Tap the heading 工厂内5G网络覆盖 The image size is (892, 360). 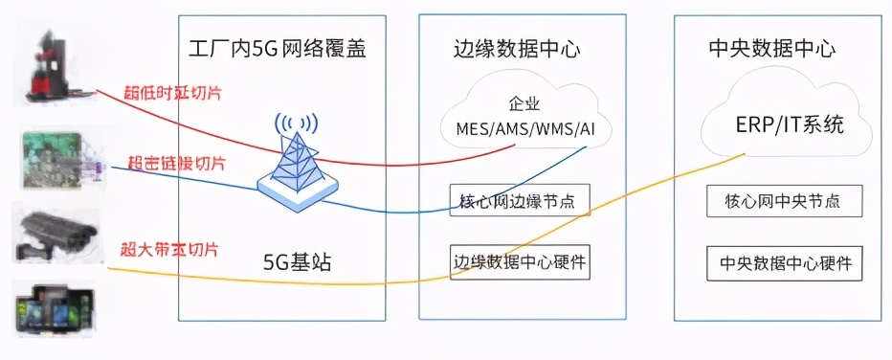tap(279, 47)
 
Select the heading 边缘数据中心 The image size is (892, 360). tap(517, 48)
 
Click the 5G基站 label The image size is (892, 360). tap(298, 261)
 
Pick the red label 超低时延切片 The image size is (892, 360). tap(171, 94)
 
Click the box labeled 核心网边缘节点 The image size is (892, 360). tap(519, 201)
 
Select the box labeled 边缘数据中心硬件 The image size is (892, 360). tap(518, 260)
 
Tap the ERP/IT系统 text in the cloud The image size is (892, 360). tap(790, 125)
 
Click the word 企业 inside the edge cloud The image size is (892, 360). tap(523, 101)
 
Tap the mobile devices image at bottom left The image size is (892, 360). tap(55, 308)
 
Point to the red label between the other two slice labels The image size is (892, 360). tap(176, 164)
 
